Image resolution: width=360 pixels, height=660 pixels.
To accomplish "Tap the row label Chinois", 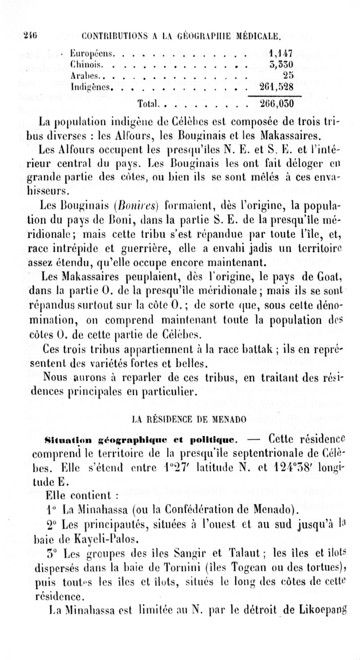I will [x=87, y=63].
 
